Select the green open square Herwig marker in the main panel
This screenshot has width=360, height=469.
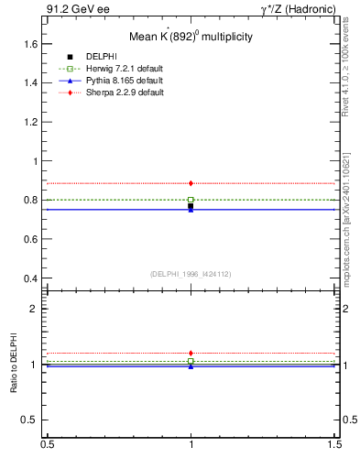click(x=191, y=200)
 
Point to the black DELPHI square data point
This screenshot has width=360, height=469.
click(x=191, y=207)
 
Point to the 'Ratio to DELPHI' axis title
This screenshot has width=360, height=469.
click(x=13, y=365)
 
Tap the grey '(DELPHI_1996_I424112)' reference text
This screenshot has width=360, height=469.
click(x=191, y=273)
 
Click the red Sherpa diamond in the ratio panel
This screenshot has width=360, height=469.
click(x=191, y=353)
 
